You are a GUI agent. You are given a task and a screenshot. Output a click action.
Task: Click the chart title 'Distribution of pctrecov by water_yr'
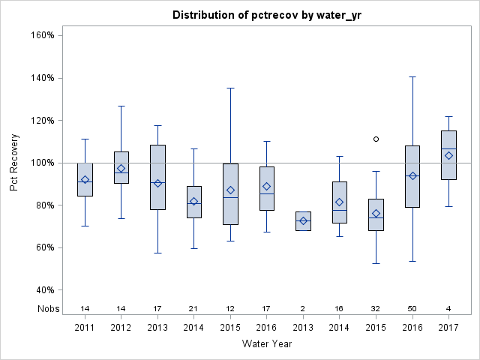coord(266,15)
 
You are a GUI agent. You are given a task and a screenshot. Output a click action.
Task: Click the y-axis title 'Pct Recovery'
coord(14,163)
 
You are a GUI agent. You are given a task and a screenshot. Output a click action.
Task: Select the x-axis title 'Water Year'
coord(266,344)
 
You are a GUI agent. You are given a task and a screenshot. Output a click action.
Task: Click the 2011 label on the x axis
coord(85,327)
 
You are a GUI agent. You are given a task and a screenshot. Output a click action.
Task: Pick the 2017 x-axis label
coord(448,327)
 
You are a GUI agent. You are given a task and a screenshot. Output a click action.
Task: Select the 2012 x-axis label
coord(121,327)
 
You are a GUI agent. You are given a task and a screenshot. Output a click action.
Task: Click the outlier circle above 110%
coord(376,139)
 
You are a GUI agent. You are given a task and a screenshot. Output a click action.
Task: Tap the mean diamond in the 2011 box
coord(85,180)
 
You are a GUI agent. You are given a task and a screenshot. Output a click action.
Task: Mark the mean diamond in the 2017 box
coord(448,155)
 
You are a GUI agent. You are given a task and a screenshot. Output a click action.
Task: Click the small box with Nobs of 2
coord(303,221)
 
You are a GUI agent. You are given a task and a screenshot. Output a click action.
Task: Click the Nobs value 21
coord(194,308)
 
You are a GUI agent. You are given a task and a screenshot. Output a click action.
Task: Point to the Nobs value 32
coord(376,308)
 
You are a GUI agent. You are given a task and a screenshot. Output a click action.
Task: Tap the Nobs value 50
coord(412,308)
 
